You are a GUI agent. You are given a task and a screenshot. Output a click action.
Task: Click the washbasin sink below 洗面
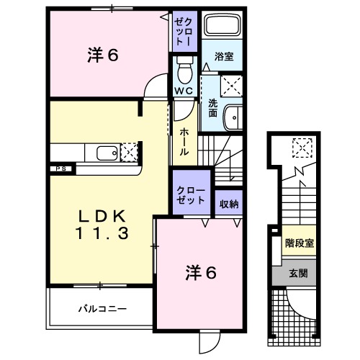point(232,118)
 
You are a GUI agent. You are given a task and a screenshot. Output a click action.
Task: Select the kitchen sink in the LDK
point(105,153)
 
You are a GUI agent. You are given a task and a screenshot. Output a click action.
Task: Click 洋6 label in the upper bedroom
point(104,55)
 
